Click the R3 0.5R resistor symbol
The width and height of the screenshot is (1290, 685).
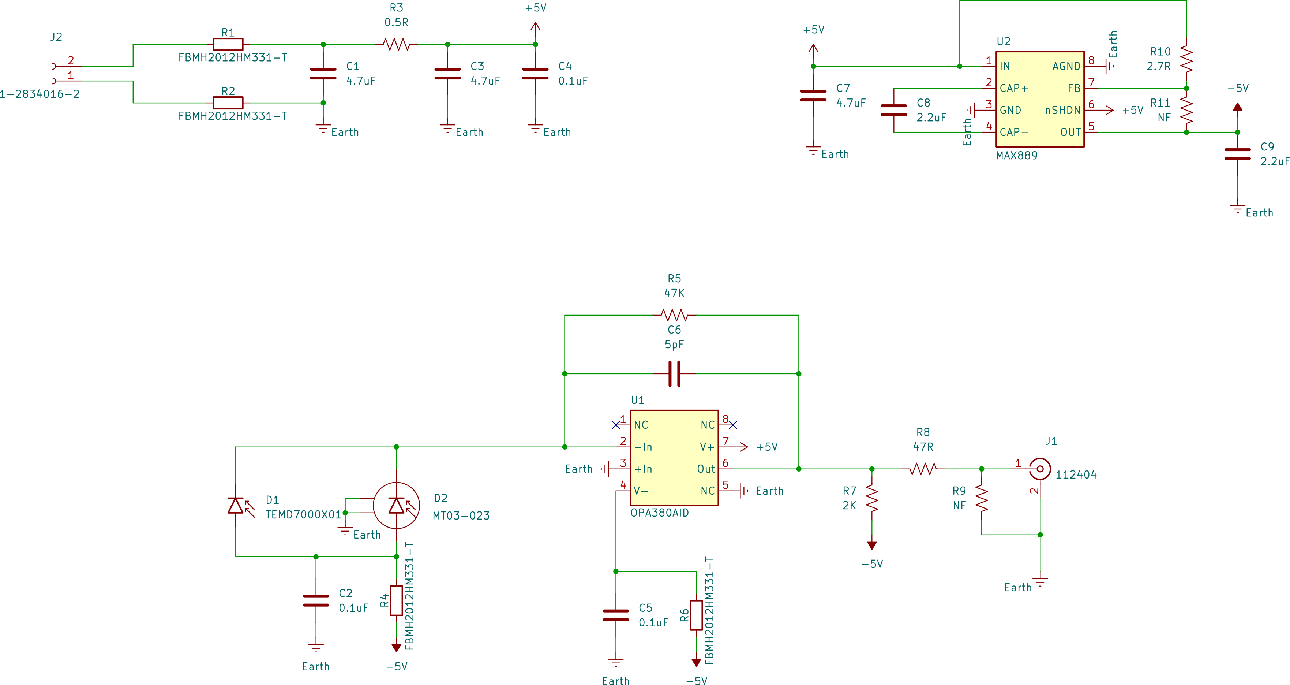pyautogui.click(x=397, y=45)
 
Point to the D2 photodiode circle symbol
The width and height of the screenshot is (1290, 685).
pyautogui.click(x=397, y=505)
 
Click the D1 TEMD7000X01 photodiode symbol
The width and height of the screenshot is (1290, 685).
pyautogui.click(x=235, y=505)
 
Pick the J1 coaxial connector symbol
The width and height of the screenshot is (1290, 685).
pyautogui.click(x=1040, y=469)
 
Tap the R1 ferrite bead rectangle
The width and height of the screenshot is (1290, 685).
pyautogui.click(x=228, y=45)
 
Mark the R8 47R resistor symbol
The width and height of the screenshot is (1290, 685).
pyautogui.click(x=923, y=469)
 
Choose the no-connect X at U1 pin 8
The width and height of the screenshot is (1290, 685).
pyautogui.click(x=733, y=425)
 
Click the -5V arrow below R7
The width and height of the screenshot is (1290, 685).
pyautogui.click(x=872, y=545)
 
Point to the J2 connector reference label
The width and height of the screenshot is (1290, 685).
pyautogui.click(x=56, y=37)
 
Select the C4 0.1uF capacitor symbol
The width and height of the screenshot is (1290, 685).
pyautogui.click(x=535, y=74)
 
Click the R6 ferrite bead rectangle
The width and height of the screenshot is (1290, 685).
pyautogui.click(x=696, y=615)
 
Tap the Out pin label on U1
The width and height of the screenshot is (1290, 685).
pyautogui.click(x=706, y=469)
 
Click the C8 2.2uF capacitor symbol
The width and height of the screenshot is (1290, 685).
pyautogui.click(x=894, y=110)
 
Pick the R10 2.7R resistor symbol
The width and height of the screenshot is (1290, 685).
pyautogui.click(x=1186, y=59)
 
